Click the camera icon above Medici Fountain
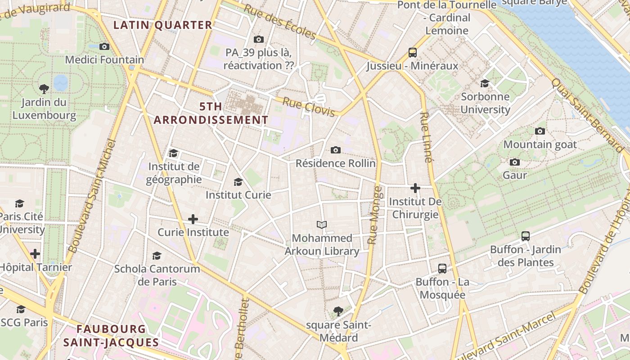tap(104, 46)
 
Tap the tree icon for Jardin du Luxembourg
tap(44, 89)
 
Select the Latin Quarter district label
tap(162, 25)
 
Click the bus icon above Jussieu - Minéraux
tap(413, 52)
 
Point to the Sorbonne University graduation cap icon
tap(485, 83)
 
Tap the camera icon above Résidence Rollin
tap(335, 150)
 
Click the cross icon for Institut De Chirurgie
tap(415, 188)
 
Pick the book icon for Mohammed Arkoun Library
tap(322, 225)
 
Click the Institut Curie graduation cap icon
tap(238, 182)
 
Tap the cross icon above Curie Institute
tap(193, 219)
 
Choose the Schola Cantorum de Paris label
tap(157, 275)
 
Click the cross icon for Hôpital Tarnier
tap(35, 254)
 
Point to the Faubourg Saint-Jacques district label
tap(111, 336)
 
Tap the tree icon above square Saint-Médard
tap(338, 311)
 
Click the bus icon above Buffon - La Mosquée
tap(442, 269)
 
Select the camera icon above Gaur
tap(515, 162)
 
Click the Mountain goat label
tap(540, 144)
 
